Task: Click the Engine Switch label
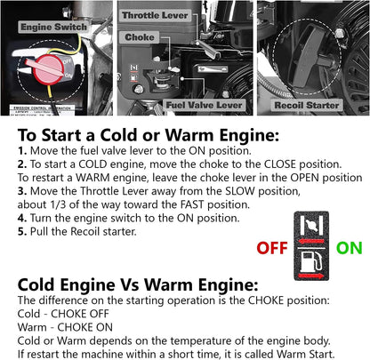(x=53, y=27)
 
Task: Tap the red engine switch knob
(x=48, y=69)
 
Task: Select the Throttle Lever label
(x=155, y=15)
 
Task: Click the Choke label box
(x=140, y=37)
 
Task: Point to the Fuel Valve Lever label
(x=204, y=105)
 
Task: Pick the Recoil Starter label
(x=307, y=105)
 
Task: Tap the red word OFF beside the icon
(x=272, y=248)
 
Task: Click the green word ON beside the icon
(x=350, y=248)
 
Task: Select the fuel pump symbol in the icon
(x=311, y=261)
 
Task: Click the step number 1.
(x=22, y=151)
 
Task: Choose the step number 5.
(x=22, y=231)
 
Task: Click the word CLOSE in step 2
(x=280, y=164)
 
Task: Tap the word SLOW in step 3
(x=240, y=191)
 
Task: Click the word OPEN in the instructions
(x=305, y=178)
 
